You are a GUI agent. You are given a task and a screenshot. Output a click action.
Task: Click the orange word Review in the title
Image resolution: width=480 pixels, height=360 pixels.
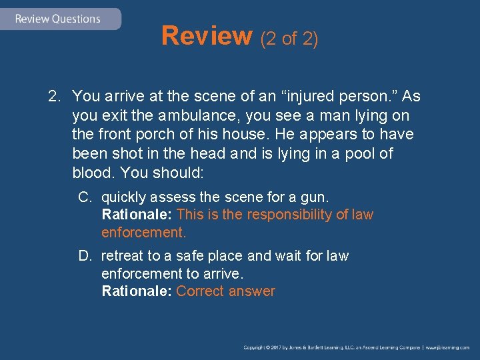pyautogui.click(x=206, y=36)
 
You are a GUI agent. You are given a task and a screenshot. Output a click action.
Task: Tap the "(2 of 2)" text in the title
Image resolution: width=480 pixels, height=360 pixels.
pyautogui.click(x=289, y=39)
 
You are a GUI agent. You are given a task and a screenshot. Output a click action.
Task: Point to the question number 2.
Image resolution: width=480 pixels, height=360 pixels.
pyautogui.click(x=54, y=97)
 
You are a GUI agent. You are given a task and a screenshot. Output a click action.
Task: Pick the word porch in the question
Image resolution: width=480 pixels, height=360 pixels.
pyautogui.click(x=145, y=135)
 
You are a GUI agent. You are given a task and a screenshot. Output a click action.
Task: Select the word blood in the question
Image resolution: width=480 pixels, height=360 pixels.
pyautogui.click(x=91, y=172)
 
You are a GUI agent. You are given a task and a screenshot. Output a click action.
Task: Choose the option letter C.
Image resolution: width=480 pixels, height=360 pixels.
pyautogui.click(x=85, y=198)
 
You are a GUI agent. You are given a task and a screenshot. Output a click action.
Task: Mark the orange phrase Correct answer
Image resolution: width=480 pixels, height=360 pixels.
pyautogui.click(x=225, y=291)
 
